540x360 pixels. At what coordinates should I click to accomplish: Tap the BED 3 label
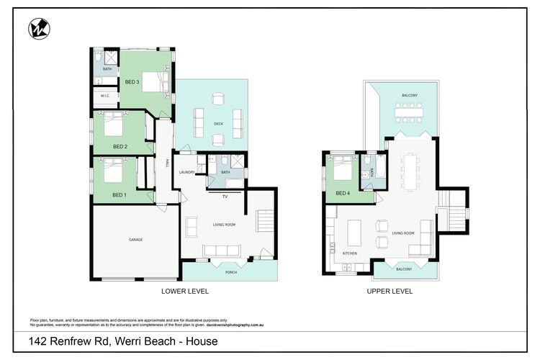132,82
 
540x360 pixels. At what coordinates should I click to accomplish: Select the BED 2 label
120,147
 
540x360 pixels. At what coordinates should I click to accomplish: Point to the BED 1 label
119,195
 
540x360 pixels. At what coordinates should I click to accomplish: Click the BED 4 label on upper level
344,193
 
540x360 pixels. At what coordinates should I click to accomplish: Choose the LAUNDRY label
187,172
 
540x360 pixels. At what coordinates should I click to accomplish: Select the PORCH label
230,272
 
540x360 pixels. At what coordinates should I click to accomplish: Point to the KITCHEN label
350,253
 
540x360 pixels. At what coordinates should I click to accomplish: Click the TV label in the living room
225,196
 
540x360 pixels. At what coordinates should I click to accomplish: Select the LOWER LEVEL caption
185,292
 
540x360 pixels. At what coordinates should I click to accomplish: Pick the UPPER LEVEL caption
390,292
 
